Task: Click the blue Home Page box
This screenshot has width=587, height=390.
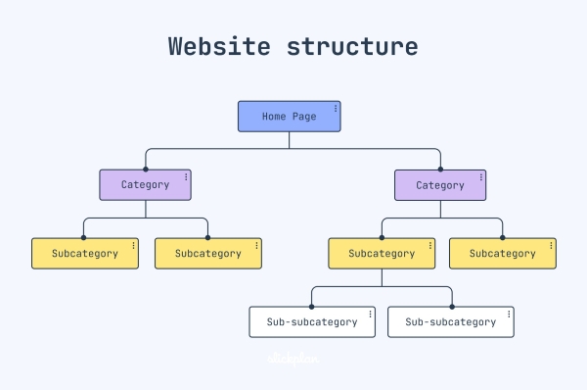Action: click(289, 117)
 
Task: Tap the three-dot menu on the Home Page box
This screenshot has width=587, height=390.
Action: click(335, 108)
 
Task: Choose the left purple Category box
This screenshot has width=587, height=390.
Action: click(145, 184)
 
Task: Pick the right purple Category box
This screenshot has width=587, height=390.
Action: click(440, 184)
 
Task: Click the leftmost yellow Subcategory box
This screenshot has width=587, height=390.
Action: click(84, 253)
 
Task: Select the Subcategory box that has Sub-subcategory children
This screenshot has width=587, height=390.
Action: click(381, 253)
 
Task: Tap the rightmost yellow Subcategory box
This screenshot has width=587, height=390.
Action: click(502, 253)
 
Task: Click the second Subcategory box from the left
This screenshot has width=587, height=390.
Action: click(207, 253)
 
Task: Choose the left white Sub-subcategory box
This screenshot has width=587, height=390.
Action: click(311, 321)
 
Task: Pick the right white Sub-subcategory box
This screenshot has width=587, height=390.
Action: click(450, 321)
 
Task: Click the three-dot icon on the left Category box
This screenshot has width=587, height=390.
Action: click(186, 176)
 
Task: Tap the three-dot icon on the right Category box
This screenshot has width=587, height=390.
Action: click(481, 176)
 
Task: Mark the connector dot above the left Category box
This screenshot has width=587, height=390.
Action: click(146, 169)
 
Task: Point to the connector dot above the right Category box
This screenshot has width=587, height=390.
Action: click(440, 169)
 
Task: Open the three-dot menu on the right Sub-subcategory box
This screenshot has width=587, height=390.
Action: click(508, 314)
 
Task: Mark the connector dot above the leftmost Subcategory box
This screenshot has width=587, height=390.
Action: click(84, 237)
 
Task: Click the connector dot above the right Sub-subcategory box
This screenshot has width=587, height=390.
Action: click(451, 306)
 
